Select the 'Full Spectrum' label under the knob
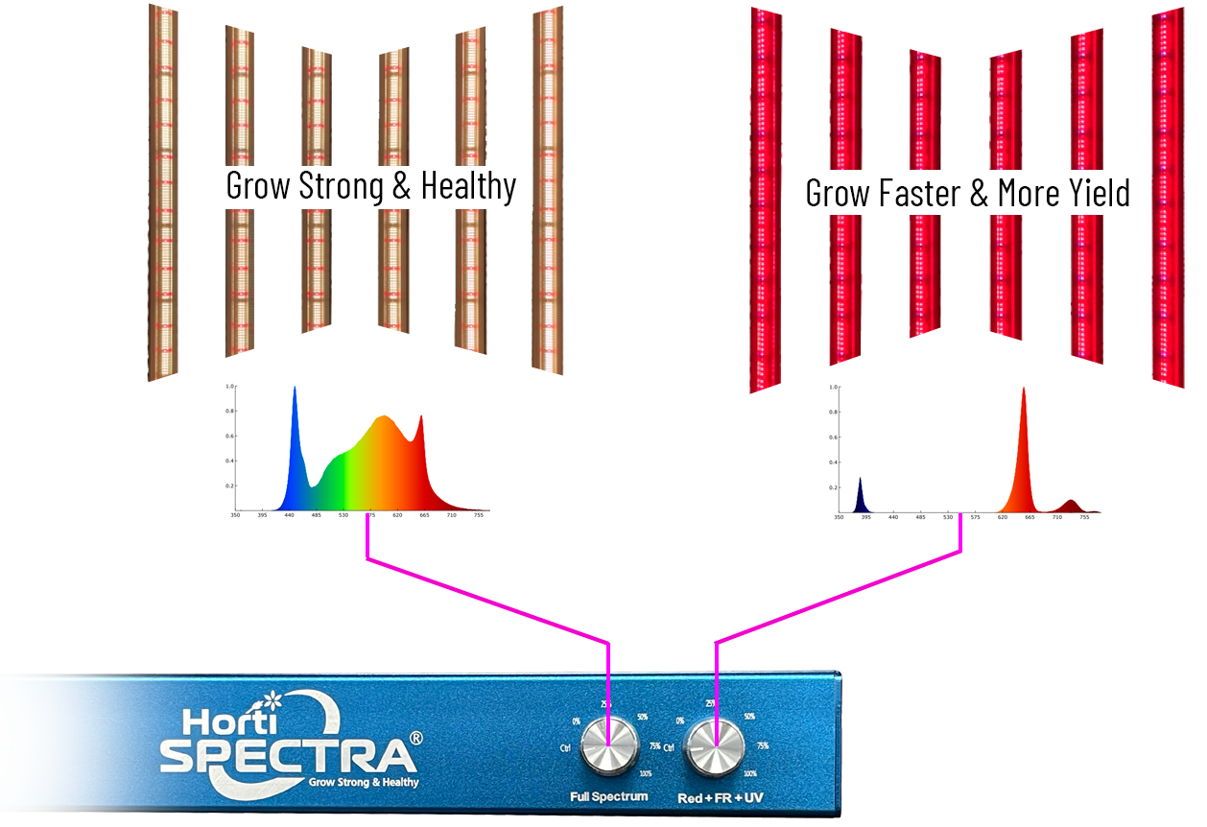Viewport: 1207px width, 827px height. click(609, 796)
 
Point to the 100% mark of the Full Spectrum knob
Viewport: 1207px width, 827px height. click(645, 773)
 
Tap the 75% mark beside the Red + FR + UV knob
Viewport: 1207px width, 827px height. click(763, 745)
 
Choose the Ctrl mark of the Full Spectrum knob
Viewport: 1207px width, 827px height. click(566, 746)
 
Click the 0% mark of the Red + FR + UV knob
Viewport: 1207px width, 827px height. click(679, 721)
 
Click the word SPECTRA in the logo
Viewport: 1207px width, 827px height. click(288, 754)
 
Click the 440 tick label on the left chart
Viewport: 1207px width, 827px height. click(289, 515)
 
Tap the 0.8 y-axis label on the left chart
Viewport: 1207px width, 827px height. click(229, 411)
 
